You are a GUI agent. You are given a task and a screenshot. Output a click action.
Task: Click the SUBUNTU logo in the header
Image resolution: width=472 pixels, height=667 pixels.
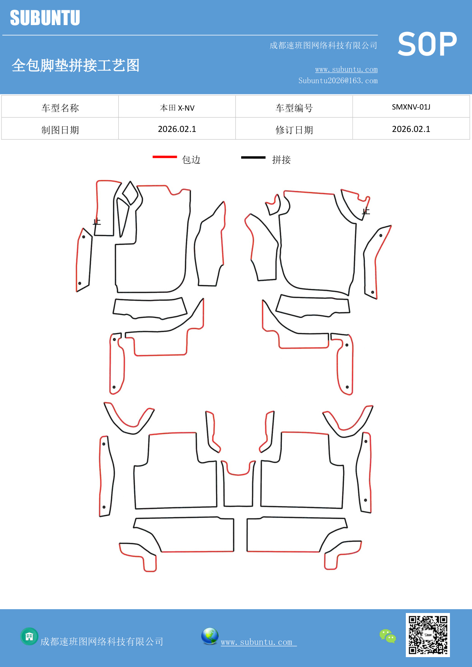(45, 18)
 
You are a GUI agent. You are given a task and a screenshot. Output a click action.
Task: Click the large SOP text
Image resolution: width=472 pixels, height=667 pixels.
(427, 44)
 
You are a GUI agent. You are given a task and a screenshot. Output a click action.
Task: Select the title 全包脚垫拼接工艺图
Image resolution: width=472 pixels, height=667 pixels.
(76, 65)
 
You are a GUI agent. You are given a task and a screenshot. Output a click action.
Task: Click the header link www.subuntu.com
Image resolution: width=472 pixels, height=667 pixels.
(346, 69)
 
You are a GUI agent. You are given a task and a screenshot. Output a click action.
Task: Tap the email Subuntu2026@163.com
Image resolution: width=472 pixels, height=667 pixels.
(338, 81)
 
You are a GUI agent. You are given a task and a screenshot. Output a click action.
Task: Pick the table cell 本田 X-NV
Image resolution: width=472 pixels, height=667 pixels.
(177, 108)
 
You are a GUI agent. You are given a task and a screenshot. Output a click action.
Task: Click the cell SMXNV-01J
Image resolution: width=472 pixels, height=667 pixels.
(411, 107)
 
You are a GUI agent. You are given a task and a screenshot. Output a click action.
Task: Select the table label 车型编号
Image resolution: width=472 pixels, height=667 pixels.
(294, 108)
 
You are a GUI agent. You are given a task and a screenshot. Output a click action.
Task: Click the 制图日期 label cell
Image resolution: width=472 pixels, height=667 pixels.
(60, 130)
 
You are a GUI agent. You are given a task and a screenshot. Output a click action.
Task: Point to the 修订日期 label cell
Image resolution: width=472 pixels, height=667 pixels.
(294, 130)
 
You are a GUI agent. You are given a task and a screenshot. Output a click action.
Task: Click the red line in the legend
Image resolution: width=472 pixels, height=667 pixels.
(165, 157)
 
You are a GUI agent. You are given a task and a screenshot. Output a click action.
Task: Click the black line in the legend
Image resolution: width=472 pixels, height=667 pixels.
(253, 157)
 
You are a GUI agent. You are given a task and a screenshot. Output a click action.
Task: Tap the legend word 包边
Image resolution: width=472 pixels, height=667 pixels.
(191, 160)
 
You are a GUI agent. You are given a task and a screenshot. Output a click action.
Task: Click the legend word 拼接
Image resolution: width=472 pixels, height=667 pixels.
(281, 160)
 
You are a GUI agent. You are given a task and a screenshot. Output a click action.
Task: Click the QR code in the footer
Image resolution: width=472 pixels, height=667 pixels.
(428, 635)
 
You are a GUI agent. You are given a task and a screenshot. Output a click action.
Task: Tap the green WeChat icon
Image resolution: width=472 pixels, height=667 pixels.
(388, 636)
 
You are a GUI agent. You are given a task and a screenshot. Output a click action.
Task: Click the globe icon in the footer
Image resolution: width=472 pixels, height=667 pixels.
(210, 636)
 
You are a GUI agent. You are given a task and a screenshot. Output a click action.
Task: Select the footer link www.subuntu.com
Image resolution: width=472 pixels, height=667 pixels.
(257, 642)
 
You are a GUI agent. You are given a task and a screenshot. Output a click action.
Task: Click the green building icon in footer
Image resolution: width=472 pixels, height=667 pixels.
(29, 636)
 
